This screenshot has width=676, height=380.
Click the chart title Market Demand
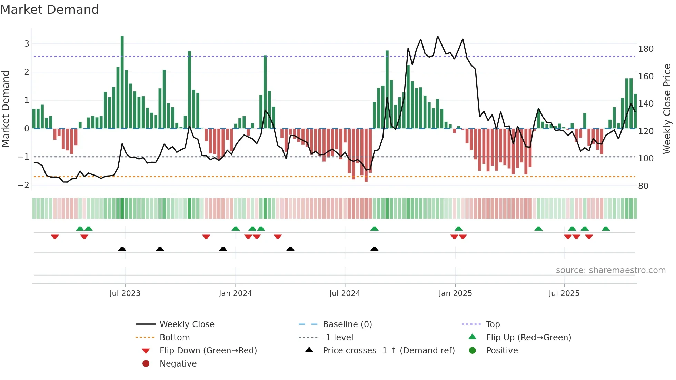point(50,10)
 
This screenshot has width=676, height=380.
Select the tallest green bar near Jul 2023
point(122,82)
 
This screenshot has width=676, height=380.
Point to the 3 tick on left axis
point(27,44)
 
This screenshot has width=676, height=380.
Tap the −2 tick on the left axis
point(23,185)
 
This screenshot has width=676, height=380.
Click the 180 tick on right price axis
point(646,49)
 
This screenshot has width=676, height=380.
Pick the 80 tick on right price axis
point(643,186)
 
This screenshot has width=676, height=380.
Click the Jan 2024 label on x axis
point(235,293)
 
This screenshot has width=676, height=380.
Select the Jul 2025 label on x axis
point(564,293)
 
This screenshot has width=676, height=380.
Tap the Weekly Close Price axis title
point(667,109)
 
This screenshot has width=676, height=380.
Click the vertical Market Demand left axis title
point(6,109)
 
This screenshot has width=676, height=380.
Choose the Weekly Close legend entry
point(187,324)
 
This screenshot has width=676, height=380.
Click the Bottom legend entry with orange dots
point(175,338)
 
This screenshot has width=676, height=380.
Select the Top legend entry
point(493,324)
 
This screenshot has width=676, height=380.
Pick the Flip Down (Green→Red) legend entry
point(208,351)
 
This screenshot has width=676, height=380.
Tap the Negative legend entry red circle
point(146,364)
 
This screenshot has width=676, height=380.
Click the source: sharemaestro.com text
point(610,270)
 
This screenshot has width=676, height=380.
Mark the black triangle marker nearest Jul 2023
point(122,249)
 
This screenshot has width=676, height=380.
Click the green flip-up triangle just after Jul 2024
point(374,229)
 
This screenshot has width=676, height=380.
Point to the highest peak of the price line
point(438,36)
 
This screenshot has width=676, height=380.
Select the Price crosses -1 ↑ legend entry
point(388,351)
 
